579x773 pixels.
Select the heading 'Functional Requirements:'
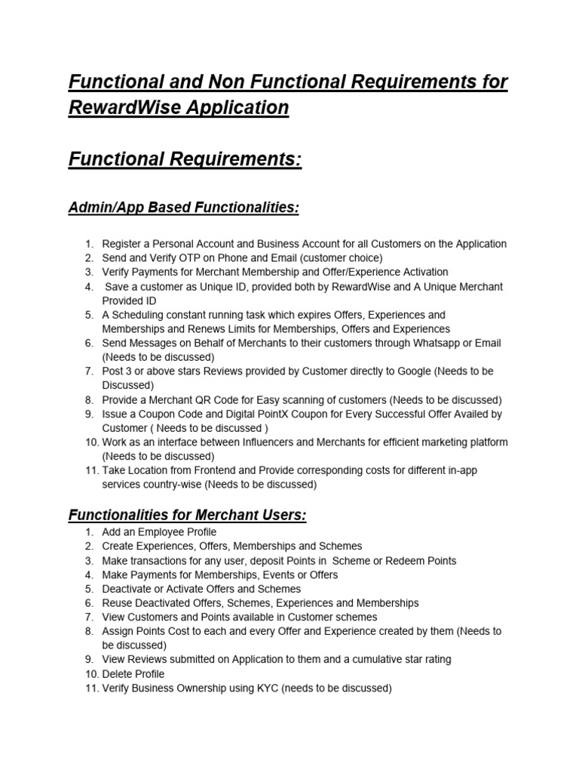185,160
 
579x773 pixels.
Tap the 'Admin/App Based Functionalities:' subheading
183,208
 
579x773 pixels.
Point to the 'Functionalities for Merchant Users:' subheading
188,515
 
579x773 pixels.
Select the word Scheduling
139,315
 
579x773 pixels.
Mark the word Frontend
212,470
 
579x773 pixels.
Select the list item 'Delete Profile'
133,673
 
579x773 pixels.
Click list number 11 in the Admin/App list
90,470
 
